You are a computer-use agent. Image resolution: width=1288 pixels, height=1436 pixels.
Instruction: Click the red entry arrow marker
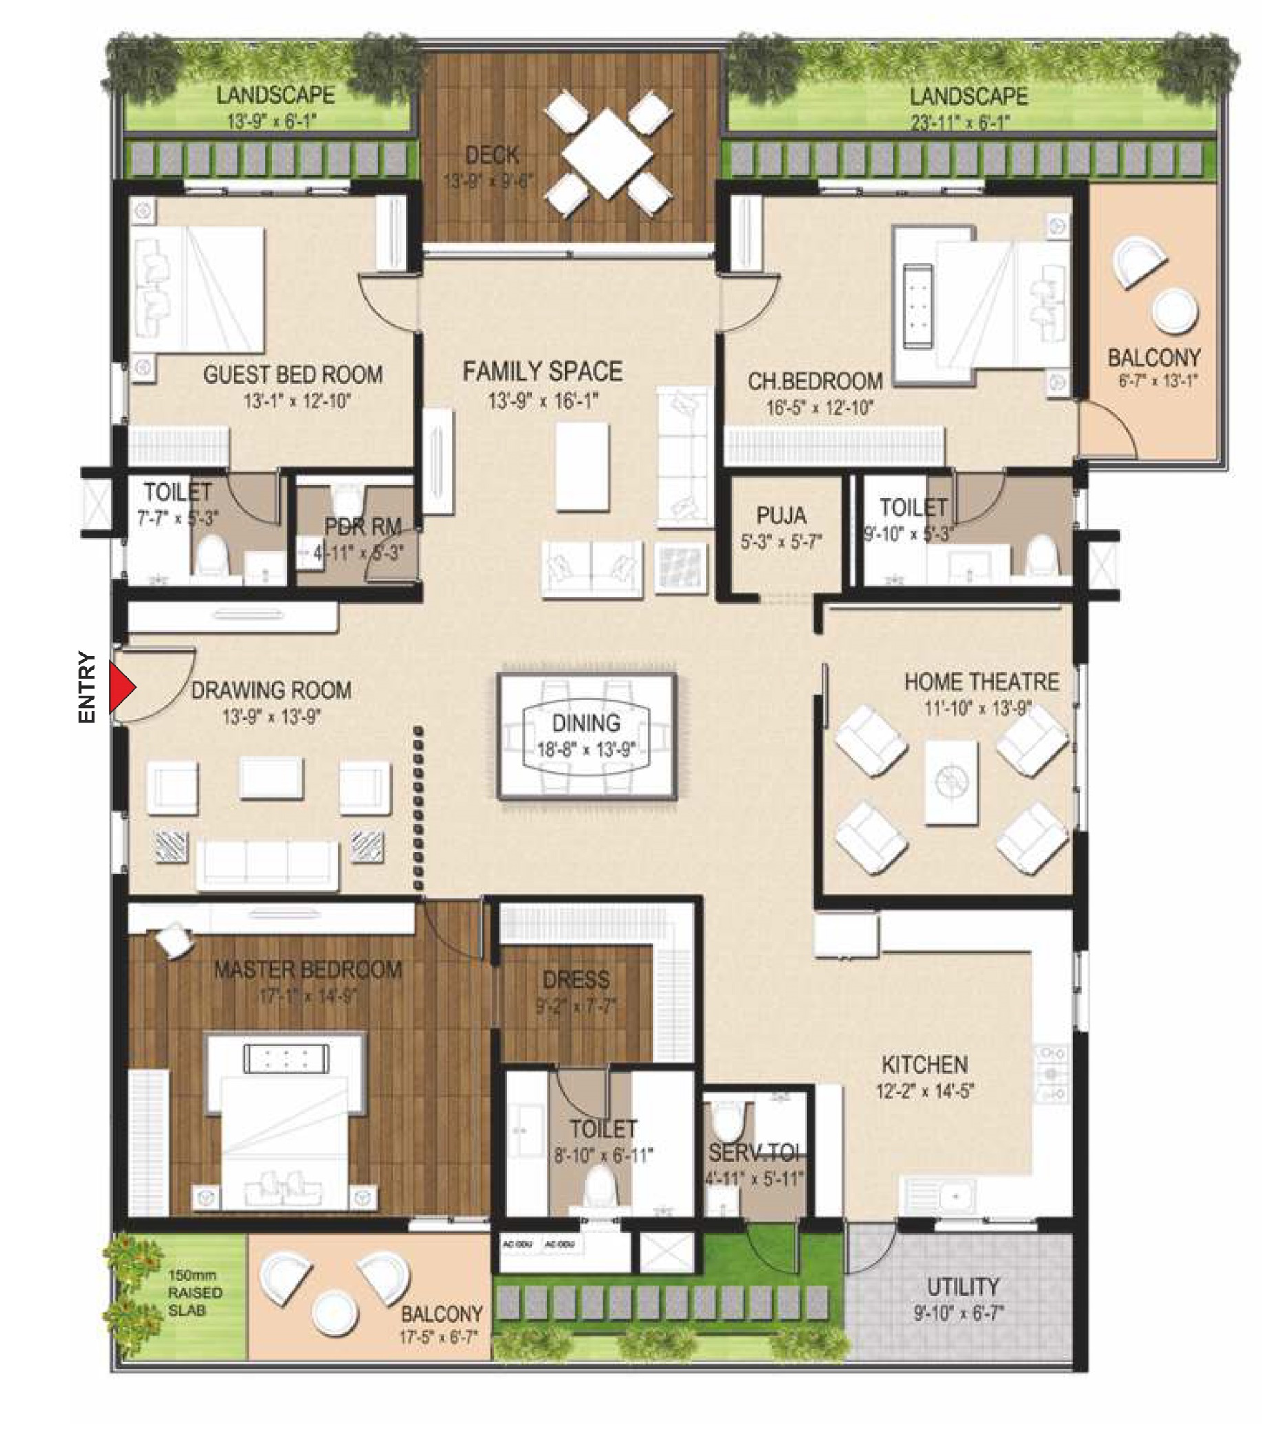tap(122, 686)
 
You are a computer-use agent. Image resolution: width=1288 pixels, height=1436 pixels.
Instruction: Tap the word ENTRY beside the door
tap(87, 687)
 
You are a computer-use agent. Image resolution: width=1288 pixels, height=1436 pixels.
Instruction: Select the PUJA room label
tap(781, 515)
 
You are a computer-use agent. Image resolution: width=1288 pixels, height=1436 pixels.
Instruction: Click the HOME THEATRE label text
tap(981, 682)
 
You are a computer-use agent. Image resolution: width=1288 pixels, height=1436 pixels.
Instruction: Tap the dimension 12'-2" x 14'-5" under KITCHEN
tap(925, 1092)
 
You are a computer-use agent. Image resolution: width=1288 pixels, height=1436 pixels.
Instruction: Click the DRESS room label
tap(576, 980)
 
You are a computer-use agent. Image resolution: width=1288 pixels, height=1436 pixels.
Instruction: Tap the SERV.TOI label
tap(754, 1152)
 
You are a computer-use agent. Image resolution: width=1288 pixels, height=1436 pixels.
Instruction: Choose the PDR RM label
tap(362, 527)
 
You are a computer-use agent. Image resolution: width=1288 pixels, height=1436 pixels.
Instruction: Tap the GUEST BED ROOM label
tap(293, 374)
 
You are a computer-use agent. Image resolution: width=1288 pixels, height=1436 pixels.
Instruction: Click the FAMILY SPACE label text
tap(542, 371)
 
